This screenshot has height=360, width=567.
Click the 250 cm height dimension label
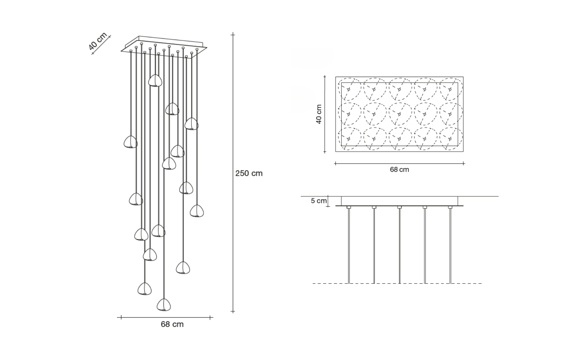coord(249,173)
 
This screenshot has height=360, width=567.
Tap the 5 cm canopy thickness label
coord(319,201)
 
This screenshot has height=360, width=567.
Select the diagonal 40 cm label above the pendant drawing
coord(98,42)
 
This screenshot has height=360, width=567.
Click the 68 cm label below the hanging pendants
coord(172,324)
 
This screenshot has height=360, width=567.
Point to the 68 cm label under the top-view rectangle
coord(399,169)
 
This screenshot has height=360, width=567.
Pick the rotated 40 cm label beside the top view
coord(319,114)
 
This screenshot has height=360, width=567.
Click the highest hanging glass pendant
coord(155,81)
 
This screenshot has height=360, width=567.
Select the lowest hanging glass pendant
coord(164,305)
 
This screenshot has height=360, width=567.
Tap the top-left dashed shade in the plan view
coord(349,89)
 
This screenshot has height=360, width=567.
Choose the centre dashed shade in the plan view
coord(400,114)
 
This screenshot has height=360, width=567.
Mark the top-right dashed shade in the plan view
coord(451,89)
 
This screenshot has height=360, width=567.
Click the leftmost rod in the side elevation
coord(349,245)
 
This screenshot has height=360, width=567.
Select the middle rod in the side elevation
coord(400,245)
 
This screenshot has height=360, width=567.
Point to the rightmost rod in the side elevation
coord(450,245)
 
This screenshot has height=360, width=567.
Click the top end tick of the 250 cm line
coord(233,34)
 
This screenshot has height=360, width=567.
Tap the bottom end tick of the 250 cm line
coord(233,312)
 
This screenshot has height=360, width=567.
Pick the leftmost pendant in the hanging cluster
coord(130,142)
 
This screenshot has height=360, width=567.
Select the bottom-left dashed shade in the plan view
coord(349,138)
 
